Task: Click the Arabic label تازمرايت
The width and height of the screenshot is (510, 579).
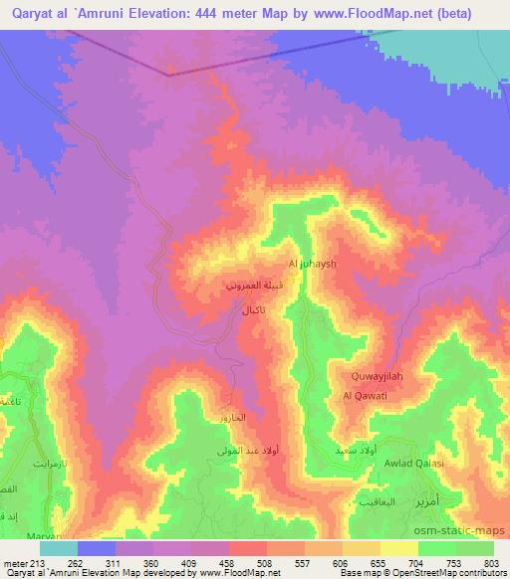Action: point(29,465)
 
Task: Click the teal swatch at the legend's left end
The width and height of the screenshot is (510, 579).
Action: point(58,548)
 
